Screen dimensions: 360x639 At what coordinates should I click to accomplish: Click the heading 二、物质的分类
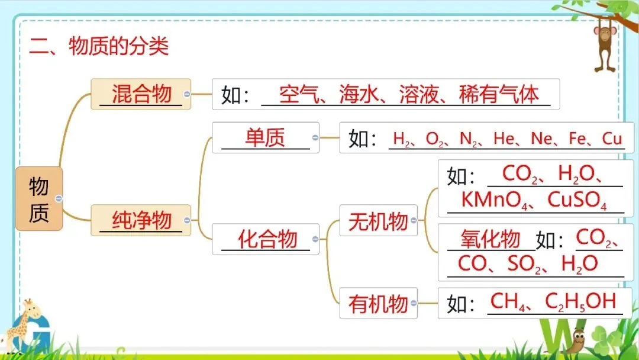(99, 46)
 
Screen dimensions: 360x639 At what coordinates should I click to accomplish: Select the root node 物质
(38, 199)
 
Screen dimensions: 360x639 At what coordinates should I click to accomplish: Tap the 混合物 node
(141, 94)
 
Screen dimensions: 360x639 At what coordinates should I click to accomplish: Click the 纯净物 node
(141, 221)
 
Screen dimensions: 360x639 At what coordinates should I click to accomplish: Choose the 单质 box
(265, 138)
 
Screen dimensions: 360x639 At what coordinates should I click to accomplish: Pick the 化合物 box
(267, 239)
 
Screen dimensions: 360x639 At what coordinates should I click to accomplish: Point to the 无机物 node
(378, 221)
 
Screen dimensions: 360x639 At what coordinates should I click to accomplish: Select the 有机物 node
(378, 304)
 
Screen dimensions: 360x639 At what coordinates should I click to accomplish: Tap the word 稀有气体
(499, 95)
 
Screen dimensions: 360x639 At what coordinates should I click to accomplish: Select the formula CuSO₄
(577, 200)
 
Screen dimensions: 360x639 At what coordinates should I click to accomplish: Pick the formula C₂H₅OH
(580, 302)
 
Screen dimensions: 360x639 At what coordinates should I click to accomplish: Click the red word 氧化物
(490, 239)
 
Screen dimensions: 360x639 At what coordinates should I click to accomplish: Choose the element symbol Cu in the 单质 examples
(612, 139)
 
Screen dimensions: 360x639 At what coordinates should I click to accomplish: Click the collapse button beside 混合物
(187, 94)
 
